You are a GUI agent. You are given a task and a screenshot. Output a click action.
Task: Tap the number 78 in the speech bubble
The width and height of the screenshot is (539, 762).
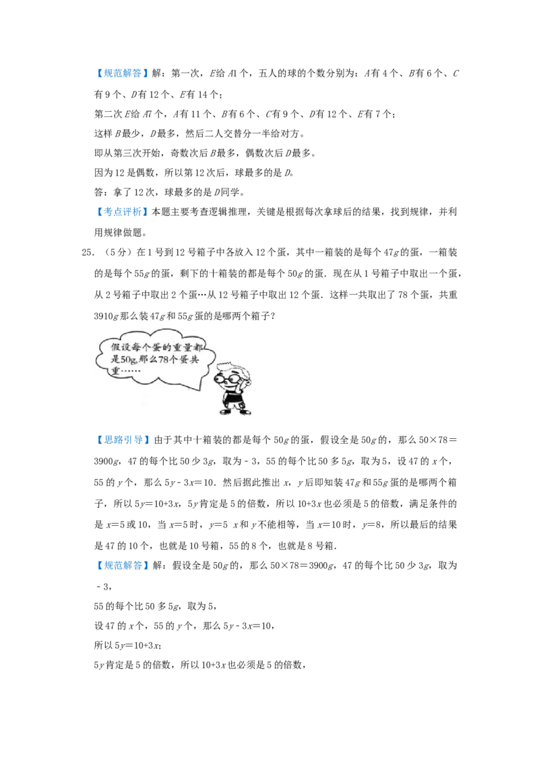pos(166,360)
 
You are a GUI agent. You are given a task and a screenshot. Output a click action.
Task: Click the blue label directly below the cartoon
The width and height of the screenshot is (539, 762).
pos(123,440)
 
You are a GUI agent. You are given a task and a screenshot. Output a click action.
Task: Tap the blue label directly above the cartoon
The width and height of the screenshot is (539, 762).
pos(123,213)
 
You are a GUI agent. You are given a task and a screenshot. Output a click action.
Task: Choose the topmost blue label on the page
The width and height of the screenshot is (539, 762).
pos(123,73)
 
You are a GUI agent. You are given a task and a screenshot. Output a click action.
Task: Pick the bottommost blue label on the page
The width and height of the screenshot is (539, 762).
pos(123,565)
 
